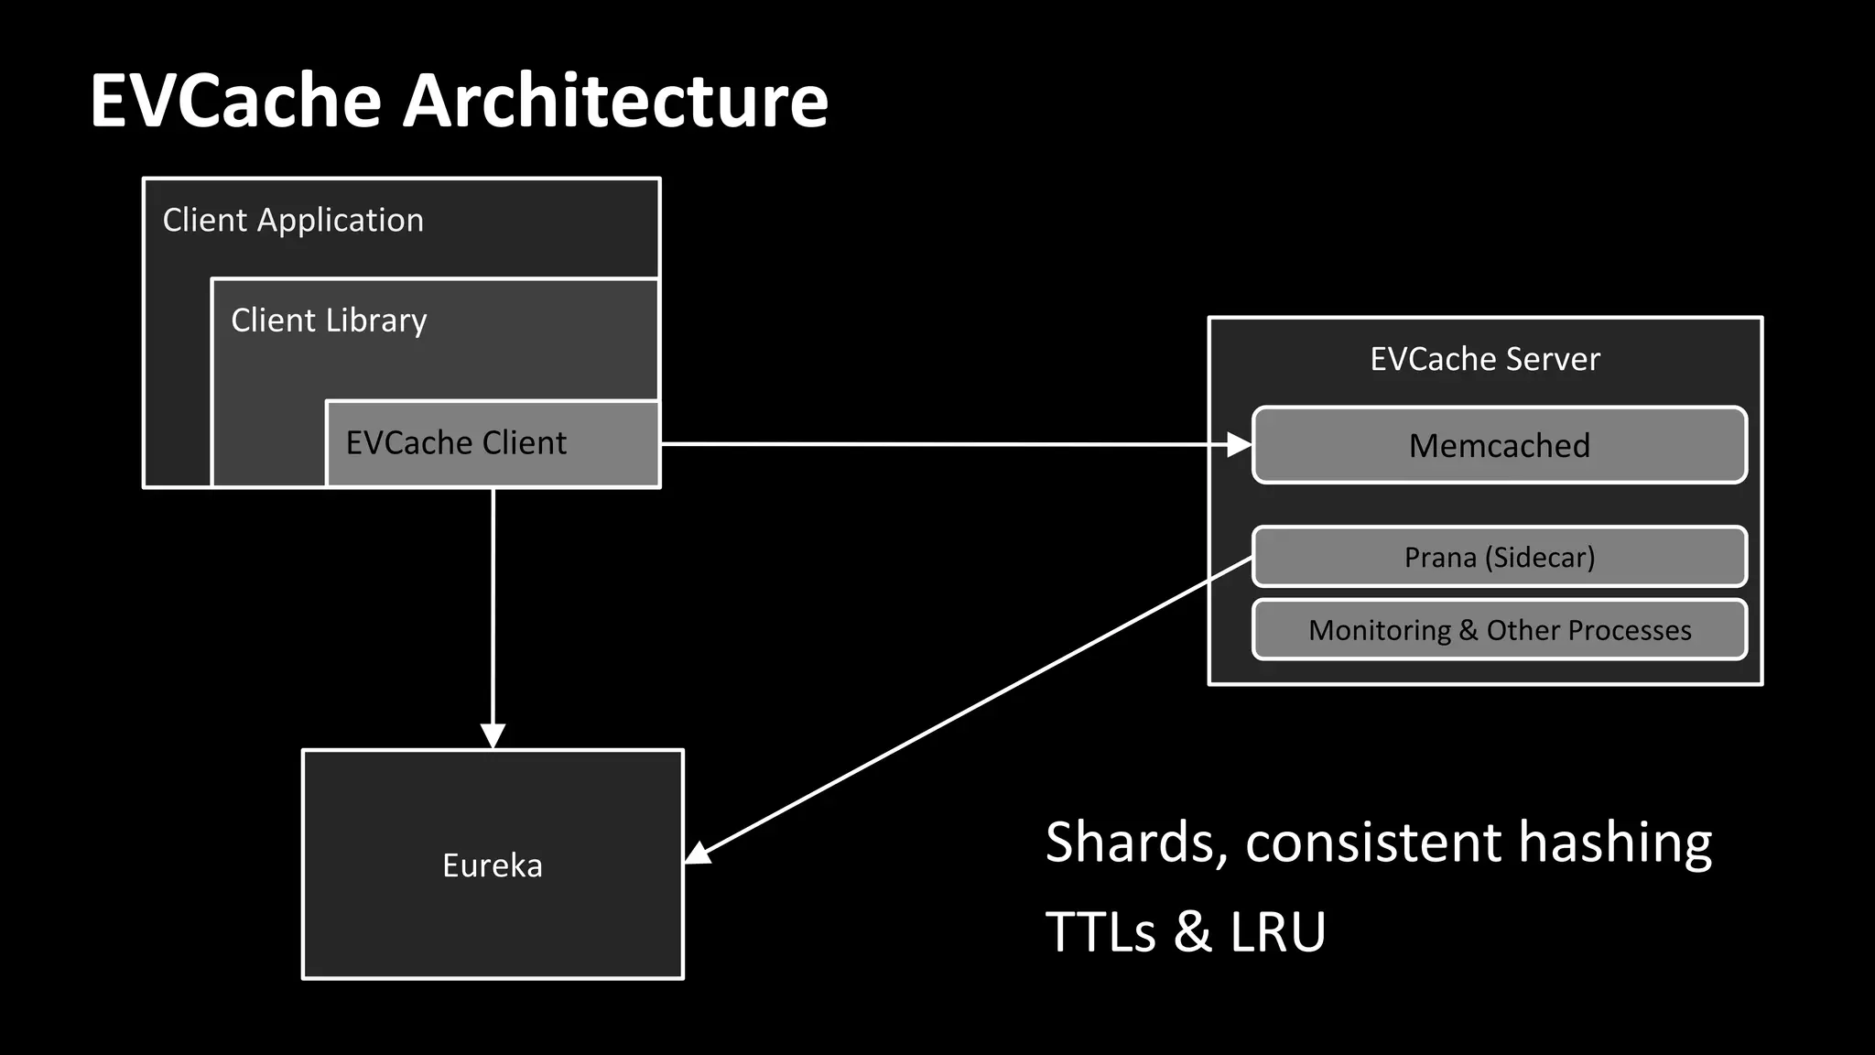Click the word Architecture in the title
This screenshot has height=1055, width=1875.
(x=615, y=101)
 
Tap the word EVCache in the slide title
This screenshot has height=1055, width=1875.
(x=235, y=101)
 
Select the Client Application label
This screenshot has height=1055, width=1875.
(x=293, y=221)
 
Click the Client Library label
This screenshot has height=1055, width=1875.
(x=329, y=321)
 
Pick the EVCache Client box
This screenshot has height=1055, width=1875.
(x=493, y=443)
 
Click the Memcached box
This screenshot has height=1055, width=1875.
(x=1499, y=445)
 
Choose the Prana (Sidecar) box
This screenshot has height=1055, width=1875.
(x=1499, y=557)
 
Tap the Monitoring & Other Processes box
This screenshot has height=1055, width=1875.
(x=1499, y=630)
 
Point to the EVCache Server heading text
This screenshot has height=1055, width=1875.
(x=1484, y=359)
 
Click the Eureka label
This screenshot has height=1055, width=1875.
(x=493, y=865)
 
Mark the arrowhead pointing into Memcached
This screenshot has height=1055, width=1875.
(x=1239, y=445)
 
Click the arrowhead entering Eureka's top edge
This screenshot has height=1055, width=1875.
(x=493, y=735)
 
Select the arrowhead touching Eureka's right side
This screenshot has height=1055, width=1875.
(x=699, y=853)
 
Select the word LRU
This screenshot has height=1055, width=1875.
(x=1277, y=932)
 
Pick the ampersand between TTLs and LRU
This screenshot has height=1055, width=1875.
(x=1193, y=932)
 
